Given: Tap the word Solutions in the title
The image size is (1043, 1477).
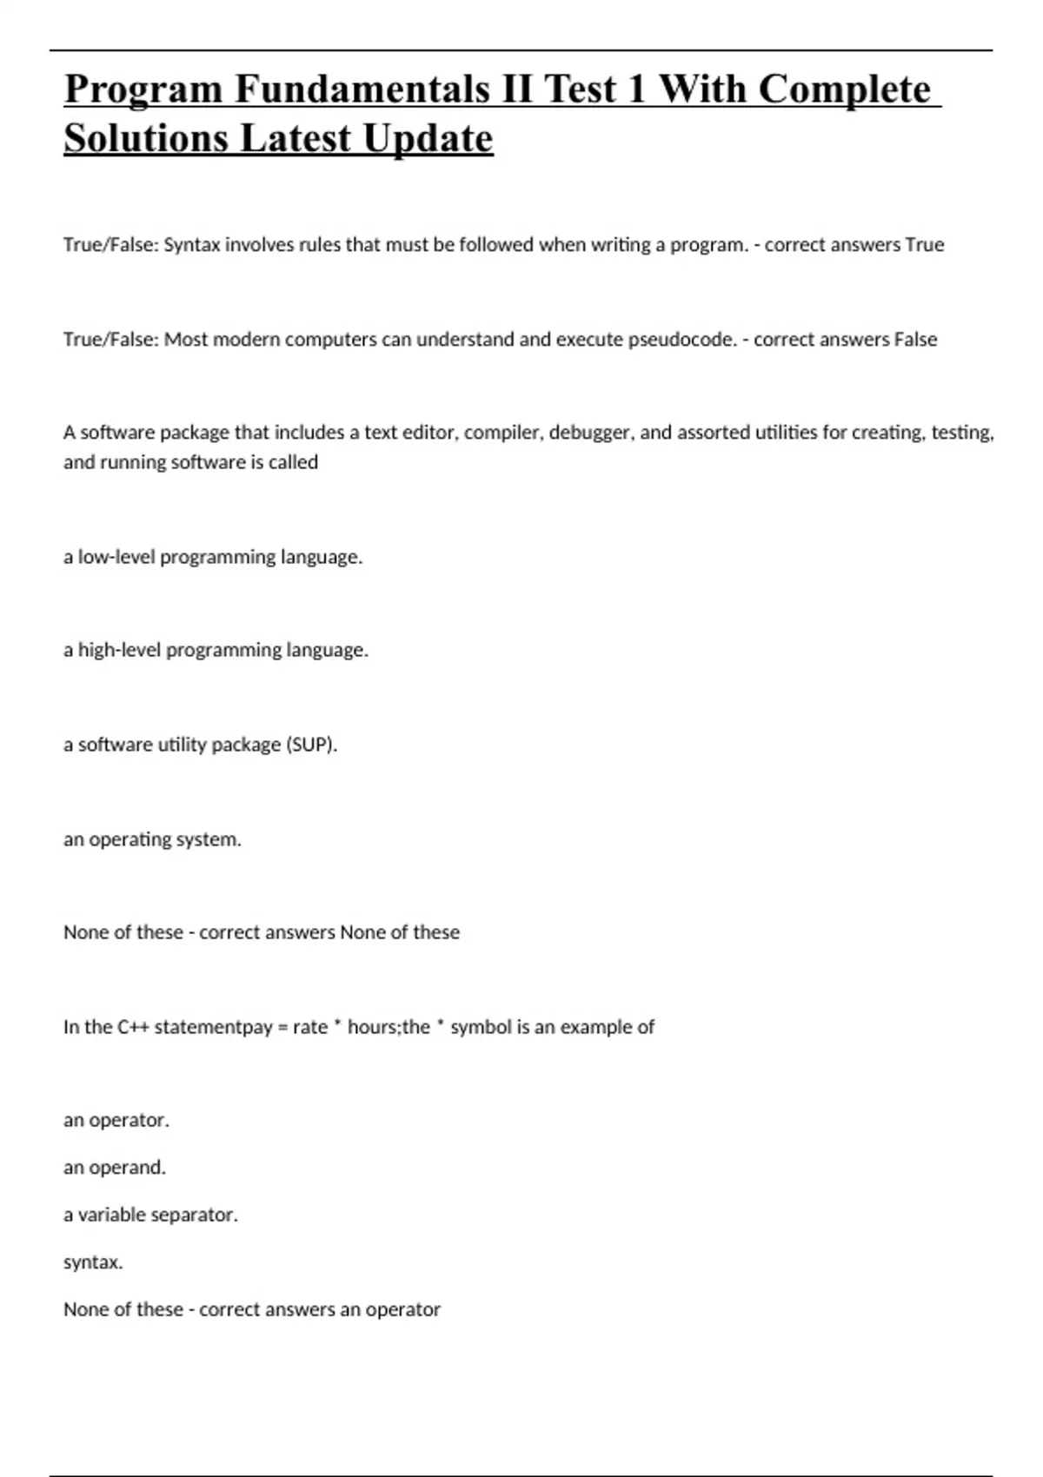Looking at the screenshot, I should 145,138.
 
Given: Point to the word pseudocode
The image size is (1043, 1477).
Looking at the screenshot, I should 682,340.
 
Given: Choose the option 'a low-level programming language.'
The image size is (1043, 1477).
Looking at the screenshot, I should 213,557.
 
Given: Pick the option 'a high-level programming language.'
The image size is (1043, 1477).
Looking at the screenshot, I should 216,650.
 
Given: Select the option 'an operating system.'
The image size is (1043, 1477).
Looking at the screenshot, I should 152,839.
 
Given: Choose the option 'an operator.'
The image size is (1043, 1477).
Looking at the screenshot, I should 116,1121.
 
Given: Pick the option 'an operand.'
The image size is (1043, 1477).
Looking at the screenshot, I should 115,1168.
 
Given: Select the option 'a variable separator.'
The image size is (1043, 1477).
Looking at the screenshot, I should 150,1215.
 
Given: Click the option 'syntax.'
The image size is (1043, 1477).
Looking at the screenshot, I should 93,1262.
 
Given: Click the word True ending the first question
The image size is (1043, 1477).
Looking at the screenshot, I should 924,245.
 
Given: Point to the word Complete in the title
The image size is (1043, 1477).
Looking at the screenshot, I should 844,89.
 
